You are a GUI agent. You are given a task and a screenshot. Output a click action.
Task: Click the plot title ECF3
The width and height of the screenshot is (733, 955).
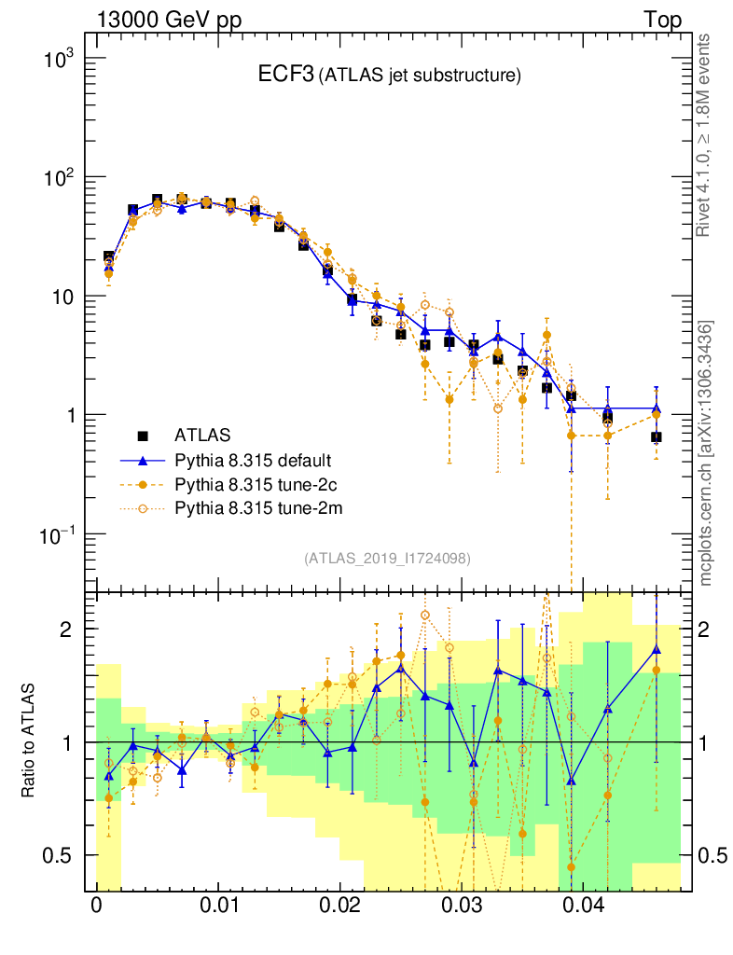coord(286,76)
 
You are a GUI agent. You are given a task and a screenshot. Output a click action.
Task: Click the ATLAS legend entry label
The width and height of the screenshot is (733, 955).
coord(202,435)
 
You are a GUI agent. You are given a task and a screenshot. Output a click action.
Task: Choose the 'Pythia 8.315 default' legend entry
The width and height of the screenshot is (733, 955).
coord(253,460)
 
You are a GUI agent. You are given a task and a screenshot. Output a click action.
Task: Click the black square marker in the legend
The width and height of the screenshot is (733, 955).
coord(144,435)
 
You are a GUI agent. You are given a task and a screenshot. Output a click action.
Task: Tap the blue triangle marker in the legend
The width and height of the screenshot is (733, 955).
coord(144,460)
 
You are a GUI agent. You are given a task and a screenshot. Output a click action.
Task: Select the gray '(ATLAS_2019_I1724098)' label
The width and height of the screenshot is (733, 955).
coord(386,559)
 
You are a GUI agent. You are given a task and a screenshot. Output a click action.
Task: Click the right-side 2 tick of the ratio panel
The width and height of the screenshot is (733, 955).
coord(710,630)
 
